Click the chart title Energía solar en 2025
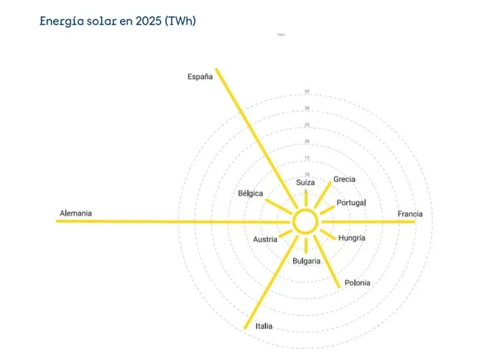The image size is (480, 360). (118, 21)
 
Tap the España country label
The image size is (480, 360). (200, 77)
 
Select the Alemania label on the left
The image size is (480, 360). (76, 213)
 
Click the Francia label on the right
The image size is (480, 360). (410, 214)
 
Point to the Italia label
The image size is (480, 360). (264, 327)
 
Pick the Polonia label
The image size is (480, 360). (357, 282)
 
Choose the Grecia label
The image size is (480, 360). (344, 179)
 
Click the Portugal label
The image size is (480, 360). (351, 202)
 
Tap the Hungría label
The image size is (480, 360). (352, 238)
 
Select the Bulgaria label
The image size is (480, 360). (306, 261)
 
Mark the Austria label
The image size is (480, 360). (265, 239)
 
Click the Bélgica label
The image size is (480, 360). (250, 194)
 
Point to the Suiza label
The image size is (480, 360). (305, 183)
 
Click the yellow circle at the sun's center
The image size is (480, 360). (305, 222)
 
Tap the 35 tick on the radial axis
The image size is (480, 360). (307, 92)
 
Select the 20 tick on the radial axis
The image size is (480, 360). (307, 141)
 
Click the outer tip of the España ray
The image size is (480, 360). (216, 69)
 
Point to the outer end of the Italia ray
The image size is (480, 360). (245, 329)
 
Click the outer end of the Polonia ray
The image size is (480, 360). (339, 286)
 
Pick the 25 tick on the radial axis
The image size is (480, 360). (307, 125)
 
